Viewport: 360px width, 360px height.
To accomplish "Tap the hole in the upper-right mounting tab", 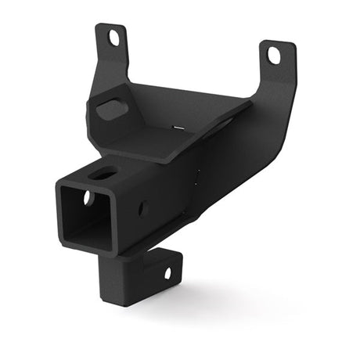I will tap(274, 55).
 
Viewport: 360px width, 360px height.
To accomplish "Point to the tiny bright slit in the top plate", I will tap(178, 128).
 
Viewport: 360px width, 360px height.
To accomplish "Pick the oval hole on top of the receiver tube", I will tap(103, 173).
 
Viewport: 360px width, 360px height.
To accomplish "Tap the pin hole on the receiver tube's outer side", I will tap(144, 208).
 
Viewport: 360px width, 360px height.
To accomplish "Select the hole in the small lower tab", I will tap(166, 272).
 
